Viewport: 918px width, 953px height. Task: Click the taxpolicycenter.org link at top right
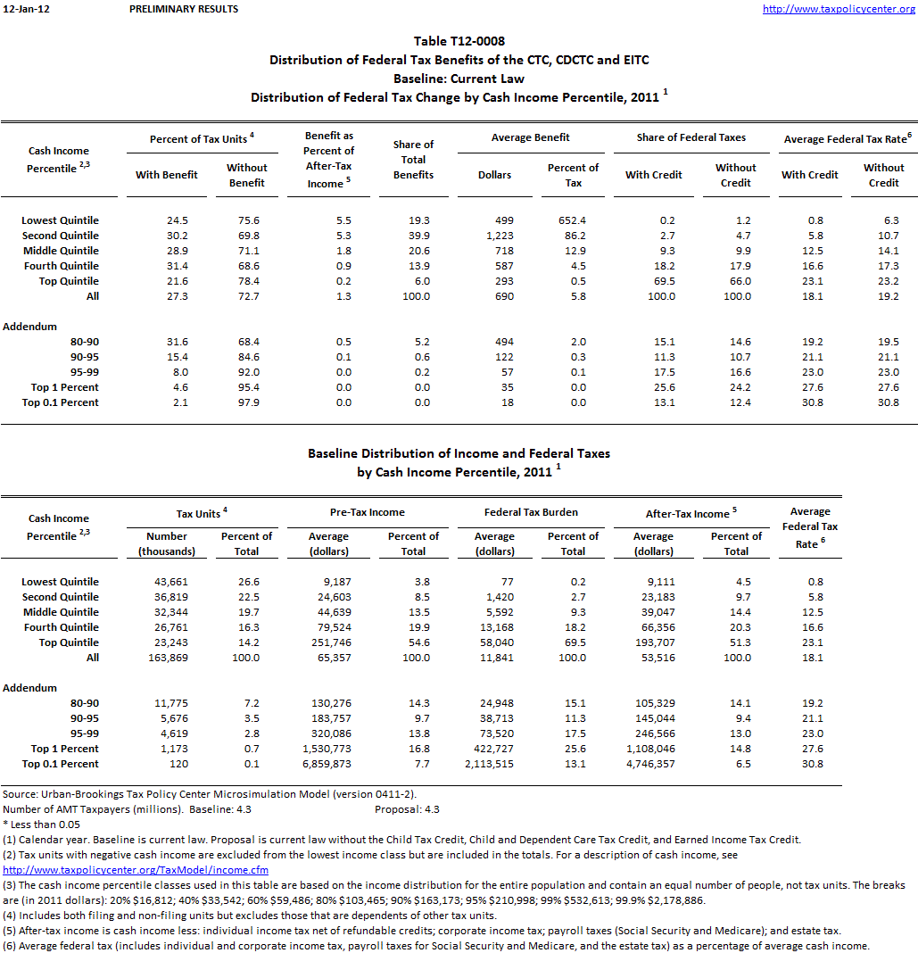click(839, 9)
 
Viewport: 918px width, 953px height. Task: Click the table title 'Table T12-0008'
click(459, 41)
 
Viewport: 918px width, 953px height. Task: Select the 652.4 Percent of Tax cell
click(573, 220)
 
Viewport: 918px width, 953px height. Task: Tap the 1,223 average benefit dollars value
click(494, 236)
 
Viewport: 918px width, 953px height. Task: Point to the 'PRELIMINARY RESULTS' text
click(184, 9)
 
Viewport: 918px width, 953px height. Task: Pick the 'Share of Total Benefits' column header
click(413, 160)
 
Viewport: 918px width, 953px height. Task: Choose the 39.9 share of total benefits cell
click(413, 236)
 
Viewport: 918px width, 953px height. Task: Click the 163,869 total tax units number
click(167, 658)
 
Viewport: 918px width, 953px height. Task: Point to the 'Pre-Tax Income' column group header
click(373, 513)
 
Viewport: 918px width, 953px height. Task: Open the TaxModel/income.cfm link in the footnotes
click(136, 870)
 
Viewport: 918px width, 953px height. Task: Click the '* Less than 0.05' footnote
click(41, 825)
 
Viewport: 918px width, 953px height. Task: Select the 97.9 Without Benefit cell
click(246, 402)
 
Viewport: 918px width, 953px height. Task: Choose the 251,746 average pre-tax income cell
click(329, 642)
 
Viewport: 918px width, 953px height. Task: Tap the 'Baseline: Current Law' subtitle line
click(459, 79)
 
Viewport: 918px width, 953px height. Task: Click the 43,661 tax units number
click(167, 582)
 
